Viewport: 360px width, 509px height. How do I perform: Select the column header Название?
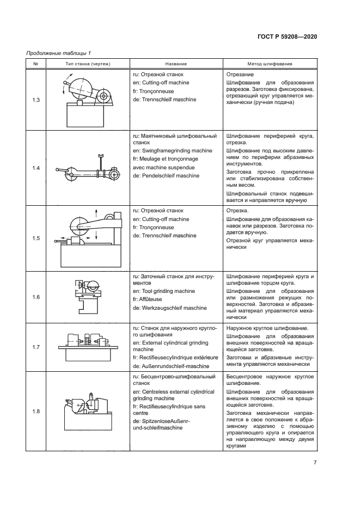click(x=175, y=64)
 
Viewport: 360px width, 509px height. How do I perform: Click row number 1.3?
click(x=36, y=100)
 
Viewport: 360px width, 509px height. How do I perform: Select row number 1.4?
click(x=36, y=168)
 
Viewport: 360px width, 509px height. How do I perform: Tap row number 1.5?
click(x=36, y=238)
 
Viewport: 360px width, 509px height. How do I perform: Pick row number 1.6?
click(x=36, y=297)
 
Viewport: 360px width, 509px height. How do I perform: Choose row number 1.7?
click(x=36, y=346)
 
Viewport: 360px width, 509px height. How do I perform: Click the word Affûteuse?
click(x=149, y=300)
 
